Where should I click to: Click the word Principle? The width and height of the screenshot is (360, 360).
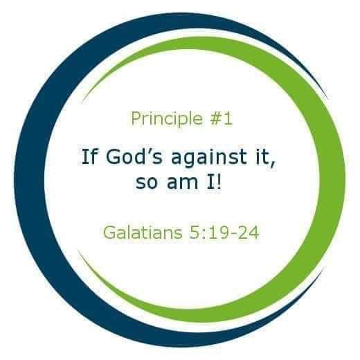pyautogui.click(x=167, y=119)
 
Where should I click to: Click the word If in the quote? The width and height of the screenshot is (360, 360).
pyautogui.click(x=89, y=156)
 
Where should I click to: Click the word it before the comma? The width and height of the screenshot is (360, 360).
pyautogui.click(x=261, y=156)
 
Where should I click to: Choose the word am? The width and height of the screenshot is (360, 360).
pyautogui.click(x=182, y=182)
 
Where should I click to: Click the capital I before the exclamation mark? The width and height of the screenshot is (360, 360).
pyautogui.click(x=210, y=181)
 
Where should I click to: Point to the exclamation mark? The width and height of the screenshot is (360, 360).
pyautogui.click(x=219, y=181)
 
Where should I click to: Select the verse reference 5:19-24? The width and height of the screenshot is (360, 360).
pyautogui.click(x=224, y=232)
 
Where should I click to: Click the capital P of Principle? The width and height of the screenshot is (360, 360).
pyautogui.click(x=136, y=118)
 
